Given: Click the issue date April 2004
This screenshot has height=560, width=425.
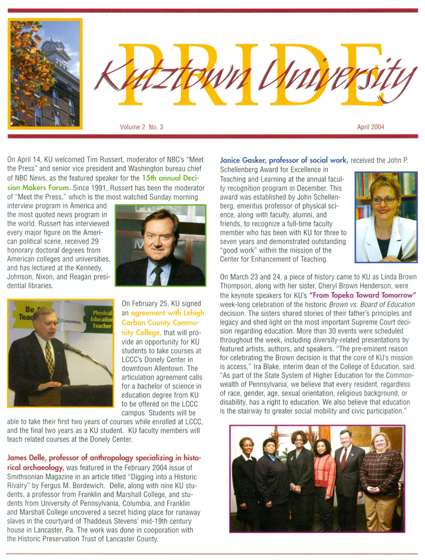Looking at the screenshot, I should (x=371, y=127).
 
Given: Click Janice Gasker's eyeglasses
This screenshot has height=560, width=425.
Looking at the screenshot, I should (x=384, y=200).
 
